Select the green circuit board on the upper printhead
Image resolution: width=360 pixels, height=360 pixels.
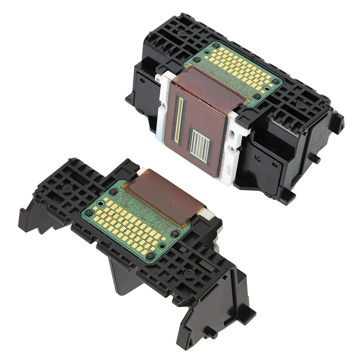(x=234, y=72)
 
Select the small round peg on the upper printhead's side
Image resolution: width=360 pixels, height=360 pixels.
(x=316, y=159)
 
